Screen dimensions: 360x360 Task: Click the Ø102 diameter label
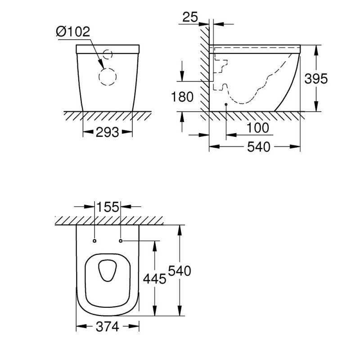pos(73,31)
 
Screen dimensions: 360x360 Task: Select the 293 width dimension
pos(108,132)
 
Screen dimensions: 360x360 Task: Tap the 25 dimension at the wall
pos(190,17)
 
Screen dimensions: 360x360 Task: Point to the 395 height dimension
pos(316,79)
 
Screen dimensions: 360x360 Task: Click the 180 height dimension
pos(182,97)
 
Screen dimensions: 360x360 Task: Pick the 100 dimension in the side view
pos(257,128)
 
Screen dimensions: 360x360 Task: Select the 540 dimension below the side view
pos(259,147)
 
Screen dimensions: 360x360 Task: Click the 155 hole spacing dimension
pos(108,207)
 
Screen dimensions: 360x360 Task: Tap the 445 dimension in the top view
pos(154,279)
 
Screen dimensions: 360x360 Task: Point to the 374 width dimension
pos(108,327)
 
